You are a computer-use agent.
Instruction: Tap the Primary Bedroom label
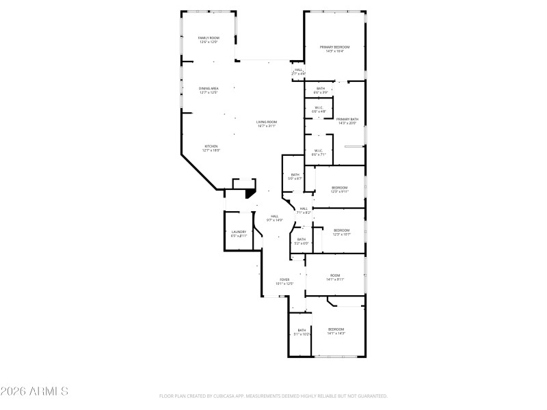click(334, 47)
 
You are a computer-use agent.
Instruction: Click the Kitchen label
click(211, 147)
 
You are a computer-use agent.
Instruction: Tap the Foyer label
click(284, 280)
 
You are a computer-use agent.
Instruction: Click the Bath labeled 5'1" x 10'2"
click(302, 331)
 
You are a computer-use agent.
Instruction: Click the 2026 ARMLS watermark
click(34, 392)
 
